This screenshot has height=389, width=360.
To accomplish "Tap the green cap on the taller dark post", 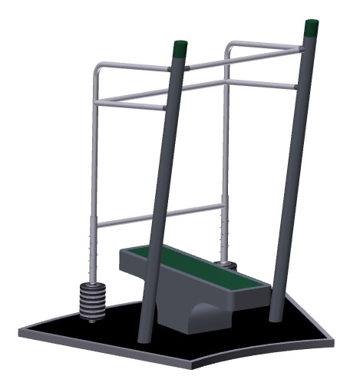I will pyautogui.click(x=312, y=28).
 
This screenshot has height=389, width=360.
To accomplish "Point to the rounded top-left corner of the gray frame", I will pyautogui.click(x=97, y=71).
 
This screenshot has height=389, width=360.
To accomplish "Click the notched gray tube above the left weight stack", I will pyautogui.click(x=94, y=253).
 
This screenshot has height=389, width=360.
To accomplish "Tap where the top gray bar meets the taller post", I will pyautogui.click(x=304, y=49).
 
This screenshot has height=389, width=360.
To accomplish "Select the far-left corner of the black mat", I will pyautogui.click(x=22, y=331).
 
